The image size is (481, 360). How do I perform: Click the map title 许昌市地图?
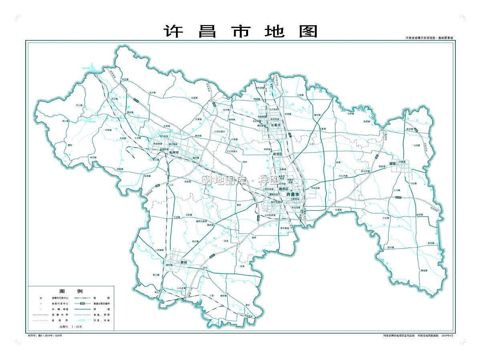click(x=240, y=31)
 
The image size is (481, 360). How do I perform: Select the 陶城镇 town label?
click(x=424, y=271)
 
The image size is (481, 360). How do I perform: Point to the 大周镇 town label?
click(x=300, y=95)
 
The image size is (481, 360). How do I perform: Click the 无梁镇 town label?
click(x=194, y=98)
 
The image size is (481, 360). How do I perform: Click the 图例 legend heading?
click(x=71, y=291)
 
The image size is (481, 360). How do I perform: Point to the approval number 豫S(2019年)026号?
click(x=44, y=336)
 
